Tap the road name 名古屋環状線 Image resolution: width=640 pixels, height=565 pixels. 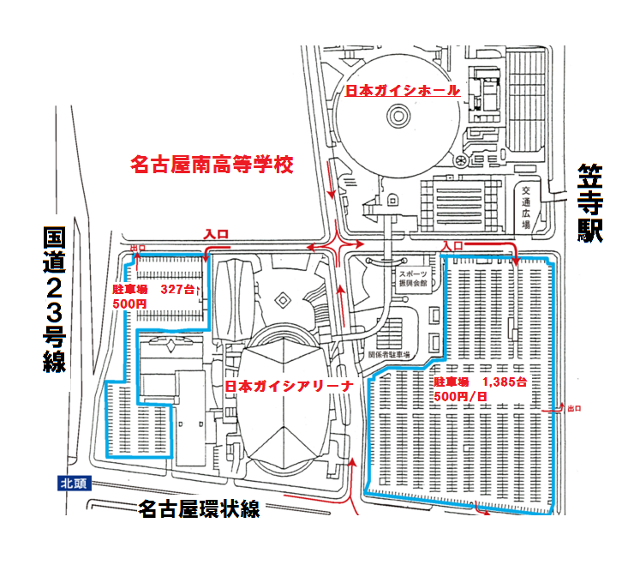(199, 509)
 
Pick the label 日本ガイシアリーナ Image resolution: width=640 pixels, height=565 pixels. (289, 387)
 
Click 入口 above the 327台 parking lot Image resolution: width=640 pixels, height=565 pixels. (214, 233)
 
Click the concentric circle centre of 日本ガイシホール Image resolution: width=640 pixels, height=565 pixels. (398, 114)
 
